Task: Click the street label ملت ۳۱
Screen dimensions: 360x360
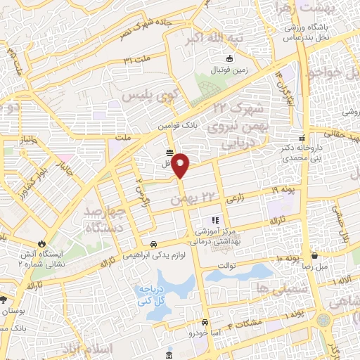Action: (x=138, y=60)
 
